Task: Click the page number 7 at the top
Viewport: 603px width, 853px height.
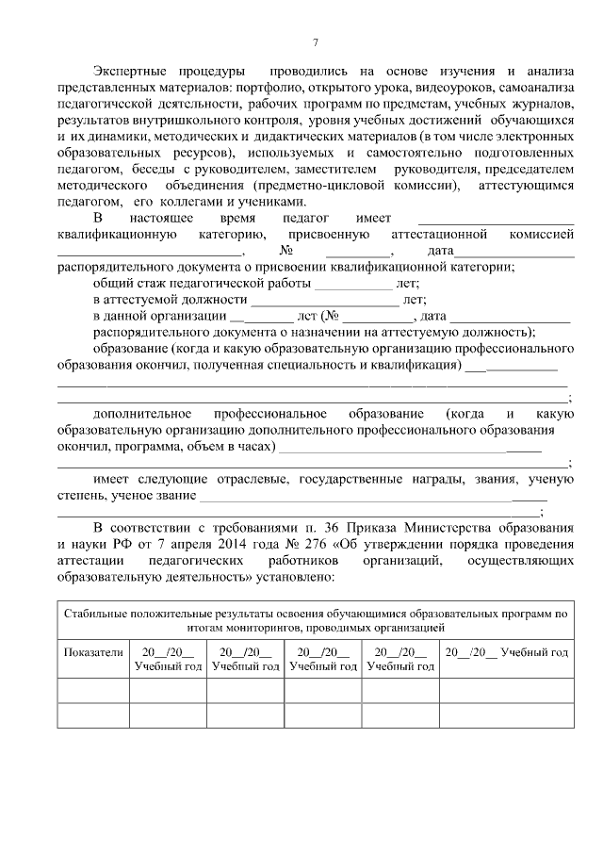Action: tap(316, 42)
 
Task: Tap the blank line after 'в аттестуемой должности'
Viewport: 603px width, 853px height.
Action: tap(325, 300)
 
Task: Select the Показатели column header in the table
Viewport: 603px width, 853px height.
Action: tap(93, 652)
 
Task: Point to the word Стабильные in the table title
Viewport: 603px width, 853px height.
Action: tap(95, 614)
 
